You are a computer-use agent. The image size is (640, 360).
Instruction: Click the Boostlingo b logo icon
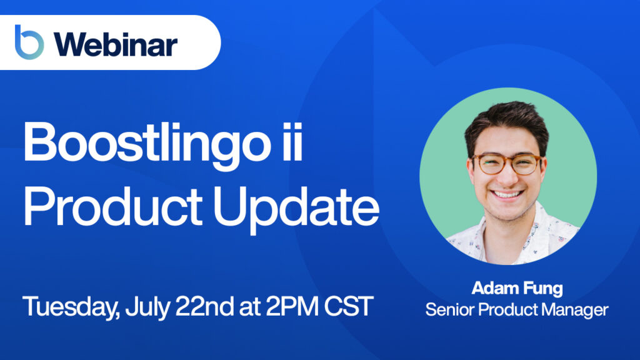tap(29, 42)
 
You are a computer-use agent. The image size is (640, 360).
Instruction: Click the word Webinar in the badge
tap(116, 44)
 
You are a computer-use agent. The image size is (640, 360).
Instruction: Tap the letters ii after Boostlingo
tap(292, 141)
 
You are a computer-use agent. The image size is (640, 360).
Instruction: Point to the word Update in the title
tap(296, 209)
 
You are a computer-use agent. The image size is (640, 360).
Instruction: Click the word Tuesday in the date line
tap(71, 307)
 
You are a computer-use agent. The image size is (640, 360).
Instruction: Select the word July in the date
tap(147, 307)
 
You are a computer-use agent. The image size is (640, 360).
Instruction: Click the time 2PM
tap(292, 306)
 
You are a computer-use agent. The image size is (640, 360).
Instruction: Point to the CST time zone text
tap(349, 306)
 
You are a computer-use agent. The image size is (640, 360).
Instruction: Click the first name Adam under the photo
tap(495, 288)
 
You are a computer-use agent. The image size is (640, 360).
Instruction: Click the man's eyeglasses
tap(507, 164)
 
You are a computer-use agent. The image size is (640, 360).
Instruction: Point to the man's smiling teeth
tap(507, 194)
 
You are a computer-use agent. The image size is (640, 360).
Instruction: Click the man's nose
tap(506, 175)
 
